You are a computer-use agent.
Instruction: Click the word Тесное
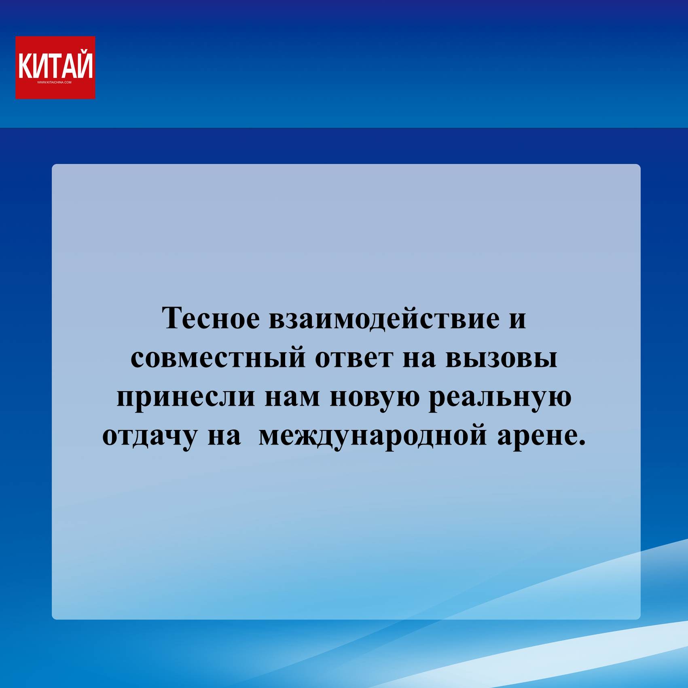pyautogui.click(x=211, y=318)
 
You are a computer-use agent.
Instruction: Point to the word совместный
pyautogui.click(x=218, y=359)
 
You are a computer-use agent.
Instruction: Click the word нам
pyautogui.click(x=292, y=398)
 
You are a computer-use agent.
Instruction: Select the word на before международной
pyautogui.click(x=224, y=437)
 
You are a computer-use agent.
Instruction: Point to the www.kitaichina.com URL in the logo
pyautogui.click(x=54, y=83)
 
